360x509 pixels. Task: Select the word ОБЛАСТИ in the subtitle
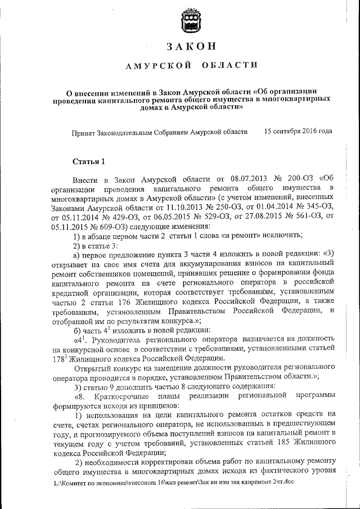click(x=223, y=66)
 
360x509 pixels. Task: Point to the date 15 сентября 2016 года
click(x=298, y=131)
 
